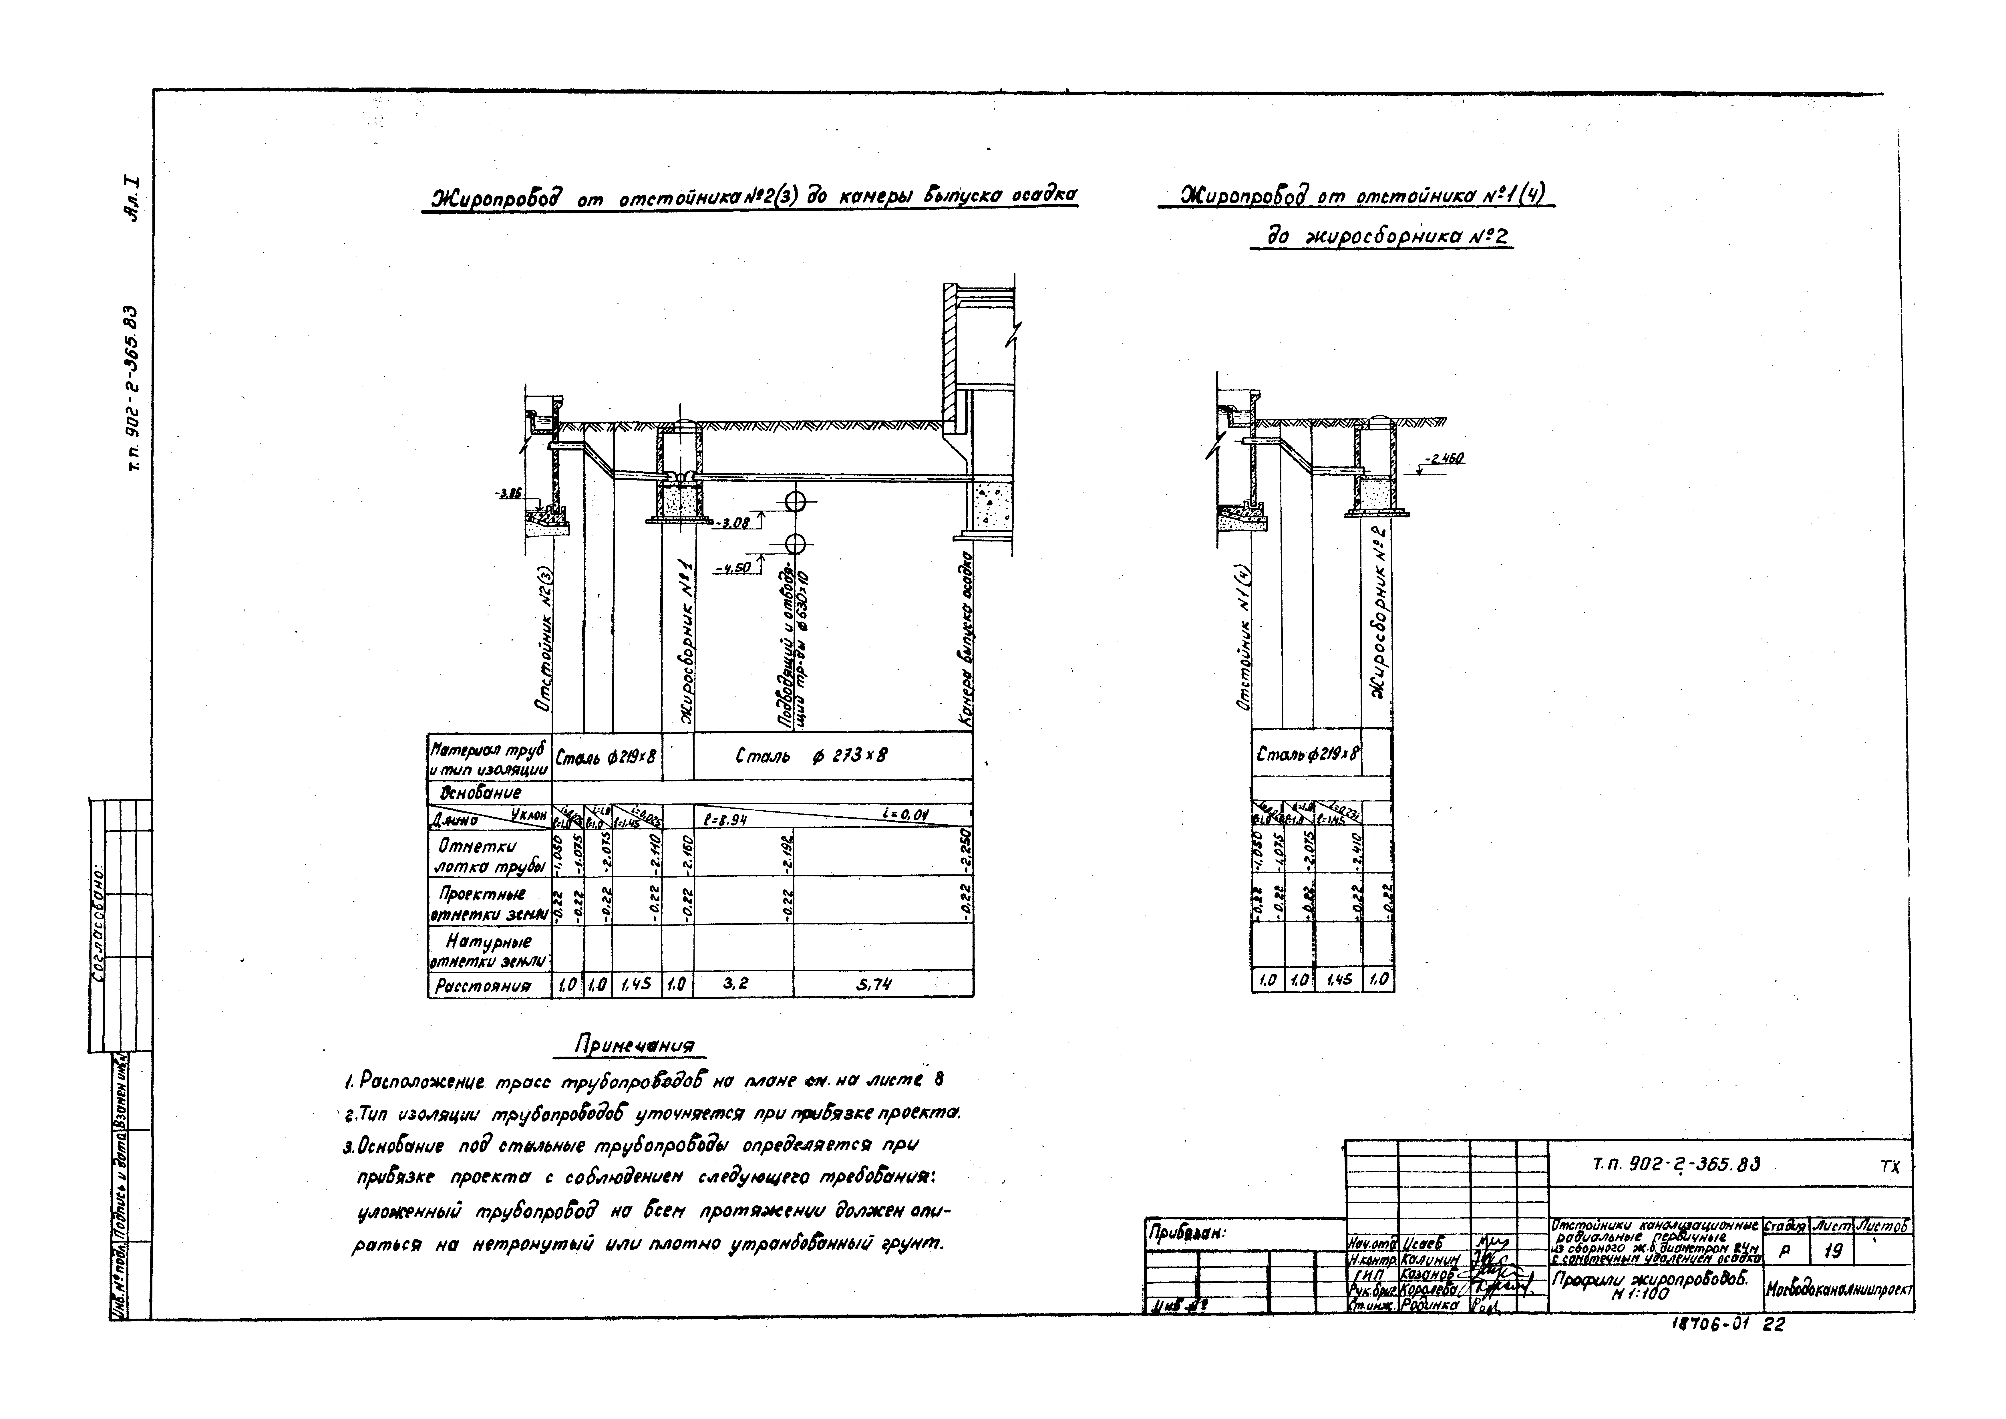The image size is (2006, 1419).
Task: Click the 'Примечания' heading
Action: tap(634, 1046)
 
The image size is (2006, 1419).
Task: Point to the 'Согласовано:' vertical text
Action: tap(98, 926)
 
